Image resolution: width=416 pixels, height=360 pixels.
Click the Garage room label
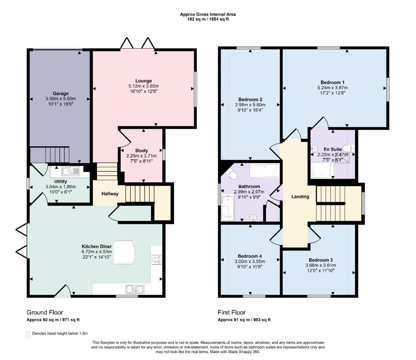pyautogui.click(x=61, y=93)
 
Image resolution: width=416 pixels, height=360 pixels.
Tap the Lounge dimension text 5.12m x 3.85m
pyautogui.click(x=143, y=86)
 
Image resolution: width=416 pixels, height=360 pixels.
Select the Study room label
pyautogui.click(x=141, y=151)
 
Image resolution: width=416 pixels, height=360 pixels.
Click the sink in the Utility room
pyautogui.click(x=71, y=171)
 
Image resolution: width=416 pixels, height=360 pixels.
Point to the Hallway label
pyautogui.click(x=110, y=194)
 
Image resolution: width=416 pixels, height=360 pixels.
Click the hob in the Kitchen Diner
pyautogui.click(x=156, y=260)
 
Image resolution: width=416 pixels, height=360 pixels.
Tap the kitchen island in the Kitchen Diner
pyautogui.click(x=124, y=252)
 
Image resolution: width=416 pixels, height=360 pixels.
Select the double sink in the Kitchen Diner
pyautogui.click(x=135, y=290)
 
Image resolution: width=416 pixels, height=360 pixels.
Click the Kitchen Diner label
pyautogui.click(x=97, y=246)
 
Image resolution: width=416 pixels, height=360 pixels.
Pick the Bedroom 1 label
pyautogui.click(x=332, y=82)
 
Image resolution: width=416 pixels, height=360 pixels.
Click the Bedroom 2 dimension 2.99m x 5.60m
pyautogui.click(x=250, y=105)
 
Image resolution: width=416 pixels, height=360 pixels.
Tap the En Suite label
pyautogui.click(x=333, y=149)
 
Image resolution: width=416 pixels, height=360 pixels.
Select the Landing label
pyautogui.click(x=300, y=197)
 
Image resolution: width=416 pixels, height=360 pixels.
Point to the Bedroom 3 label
pyautogui.click(x=321, y=260)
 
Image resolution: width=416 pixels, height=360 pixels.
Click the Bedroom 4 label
pyautogui.click(x=250, y=256)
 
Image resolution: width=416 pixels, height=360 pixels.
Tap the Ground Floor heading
pyautogui.click(x=45, y=313)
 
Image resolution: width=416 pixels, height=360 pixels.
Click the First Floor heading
pyautogui.click(x=232, y=313)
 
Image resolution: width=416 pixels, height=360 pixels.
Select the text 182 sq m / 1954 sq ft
pyautogui.click(x=208, y=19)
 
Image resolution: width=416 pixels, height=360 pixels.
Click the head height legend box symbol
pyautogui.click(x=28, y=334)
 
